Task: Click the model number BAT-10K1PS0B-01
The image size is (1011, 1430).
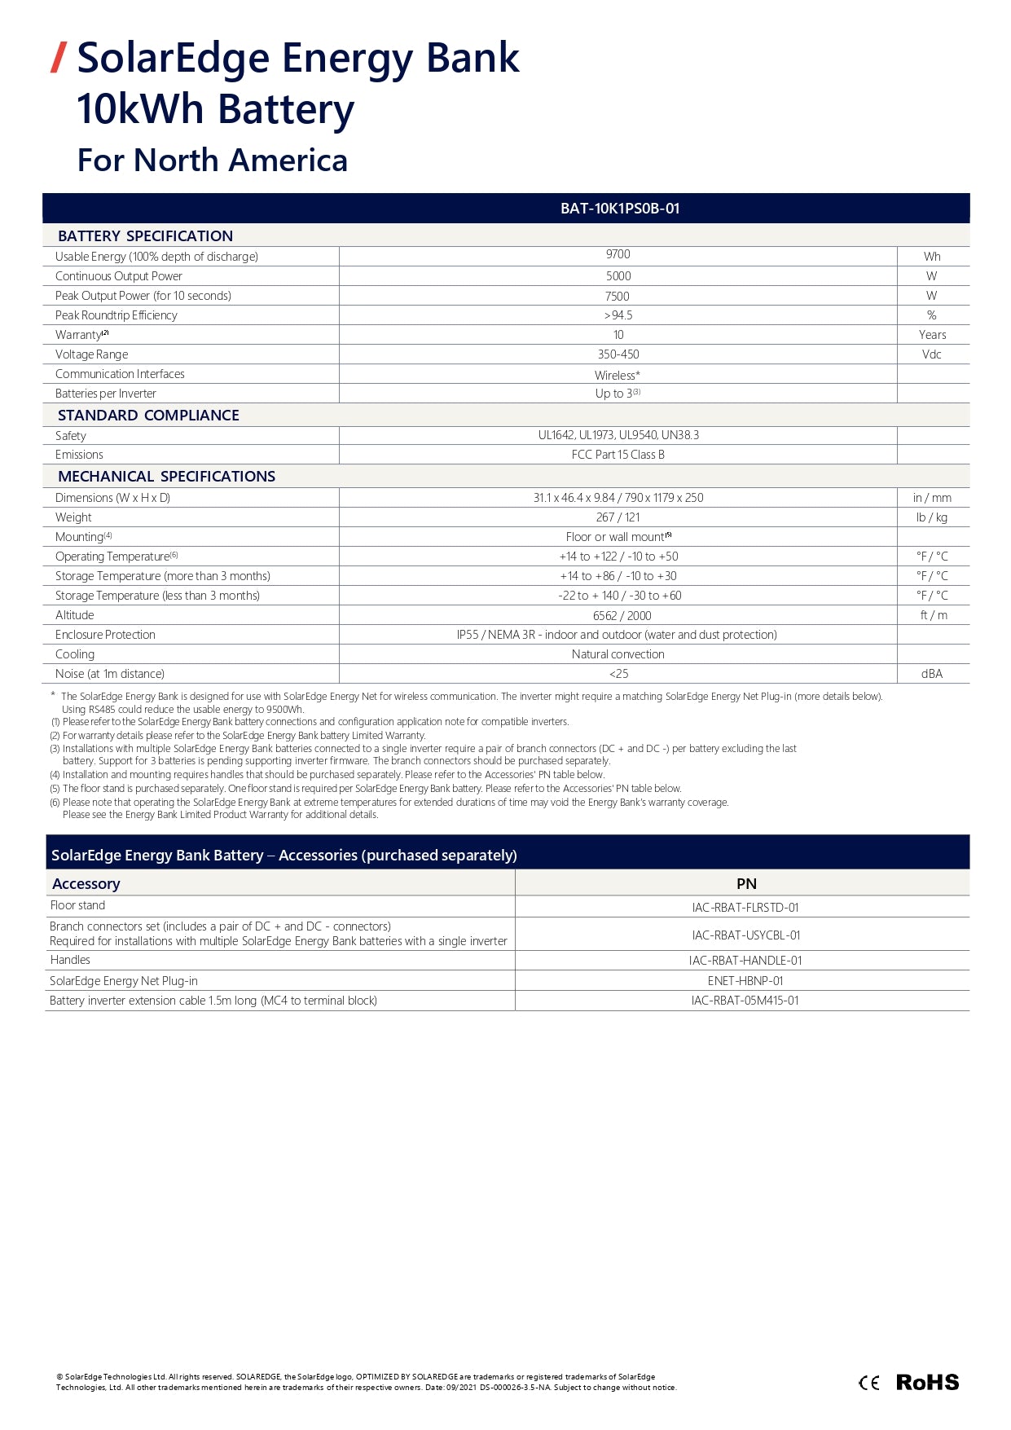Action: (x=619, y=209)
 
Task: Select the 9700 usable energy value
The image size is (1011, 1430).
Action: (x=618, y=255)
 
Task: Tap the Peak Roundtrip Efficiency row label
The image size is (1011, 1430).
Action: (x=116, y=315)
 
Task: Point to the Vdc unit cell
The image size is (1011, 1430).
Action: (x=931, y=354)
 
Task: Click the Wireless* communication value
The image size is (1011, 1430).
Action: (x=617, y=375)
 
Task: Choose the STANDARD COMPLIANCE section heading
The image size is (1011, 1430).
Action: (x=148, y=416)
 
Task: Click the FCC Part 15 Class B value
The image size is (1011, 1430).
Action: (x=618, y=455)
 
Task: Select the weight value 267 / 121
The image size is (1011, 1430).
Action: (x=618, y=517)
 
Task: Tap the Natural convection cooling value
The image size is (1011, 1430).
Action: (x=618, y=654)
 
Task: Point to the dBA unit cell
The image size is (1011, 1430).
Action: (x=931, y=674)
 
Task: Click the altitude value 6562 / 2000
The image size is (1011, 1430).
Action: (x=622, y=616)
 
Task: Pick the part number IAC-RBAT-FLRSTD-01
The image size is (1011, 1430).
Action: (x=745, y=908)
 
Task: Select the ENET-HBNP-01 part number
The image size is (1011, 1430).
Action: (x=745, y=981)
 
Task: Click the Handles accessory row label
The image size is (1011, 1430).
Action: (x=70, y=960)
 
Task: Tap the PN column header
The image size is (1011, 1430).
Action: (x=745, y=884)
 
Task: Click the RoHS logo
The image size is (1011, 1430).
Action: (x=927, y=1382)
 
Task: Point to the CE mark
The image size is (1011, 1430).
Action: (x=869, y=1383)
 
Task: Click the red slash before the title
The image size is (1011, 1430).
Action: (x=58, y=58)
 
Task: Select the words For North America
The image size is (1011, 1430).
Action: (x=212, y=161)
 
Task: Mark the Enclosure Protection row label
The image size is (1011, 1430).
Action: (x=105, y=635)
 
